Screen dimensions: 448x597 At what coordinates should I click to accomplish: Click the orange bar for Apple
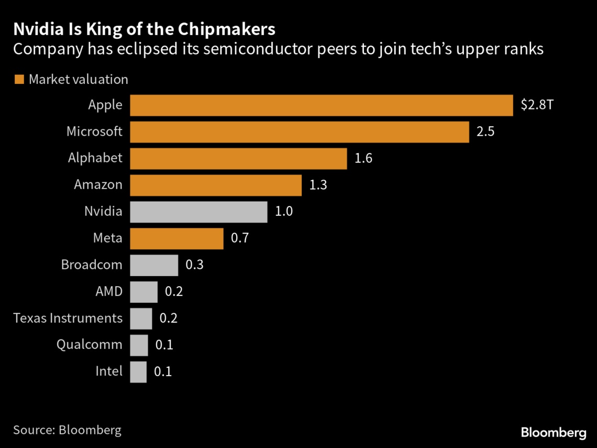pos(321,105)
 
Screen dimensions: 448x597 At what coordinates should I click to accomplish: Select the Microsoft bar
pos(299,132)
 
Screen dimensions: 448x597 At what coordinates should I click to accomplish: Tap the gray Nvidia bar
pos(198,212)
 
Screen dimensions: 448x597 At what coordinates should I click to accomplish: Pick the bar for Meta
pos(176,238)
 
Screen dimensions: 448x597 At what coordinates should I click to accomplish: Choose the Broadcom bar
pos(154,265)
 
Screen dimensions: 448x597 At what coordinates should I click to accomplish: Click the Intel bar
pos(138,371)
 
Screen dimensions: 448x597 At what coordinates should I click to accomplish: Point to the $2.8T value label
pos(537,105)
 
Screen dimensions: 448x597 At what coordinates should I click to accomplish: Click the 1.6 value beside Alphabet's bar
pos(363,158)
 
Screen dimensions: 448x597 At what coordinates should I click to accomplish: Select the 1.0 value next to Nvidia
pos(284,212)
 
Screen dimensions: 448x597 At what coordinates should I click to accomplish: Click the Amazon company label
pos(98,185)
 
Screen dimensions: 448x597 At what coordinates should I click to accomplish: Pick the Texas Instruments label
pos(68,318)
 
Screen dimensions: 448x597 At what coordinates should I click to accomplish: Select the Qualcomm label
pos(90,345)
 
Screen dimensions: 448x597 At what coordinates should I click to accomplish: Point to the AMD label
pos(109,291)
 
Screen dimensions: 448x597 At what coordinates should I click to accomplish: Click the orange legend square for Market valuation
pos(19,80)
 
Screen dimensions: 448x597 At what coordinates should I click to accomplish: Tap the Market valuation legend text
pos(79,80)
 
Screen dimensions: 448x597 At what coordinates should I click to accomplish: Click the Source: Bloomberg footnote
pos(67,430)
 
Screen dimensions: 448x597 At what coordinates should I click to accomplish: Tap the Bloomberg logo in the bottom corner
pos(554,433)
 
